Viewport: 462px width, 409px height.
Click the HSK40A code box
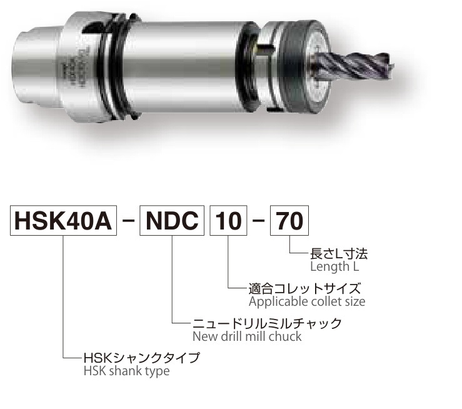(63, 220)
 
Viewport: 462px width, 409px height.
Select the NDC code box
(172, 220)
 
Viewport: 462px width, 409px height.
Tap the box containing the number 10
(228, 220)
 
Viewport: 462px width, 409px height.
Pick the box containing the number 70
(289, 220)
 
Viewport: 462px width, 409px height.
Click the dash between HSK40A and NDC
(128, 221)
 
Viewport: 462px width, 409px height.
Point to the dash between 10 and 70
(259, 221)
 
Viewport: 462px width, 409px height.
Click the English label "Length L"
(334, 266)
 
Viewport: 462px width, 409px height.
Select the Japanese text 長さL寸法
(339, 254)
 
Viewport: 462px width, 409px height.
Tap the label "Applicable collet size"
(307, 301)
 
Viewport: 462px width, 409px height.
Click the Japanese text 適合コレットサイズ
(304, 288)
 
